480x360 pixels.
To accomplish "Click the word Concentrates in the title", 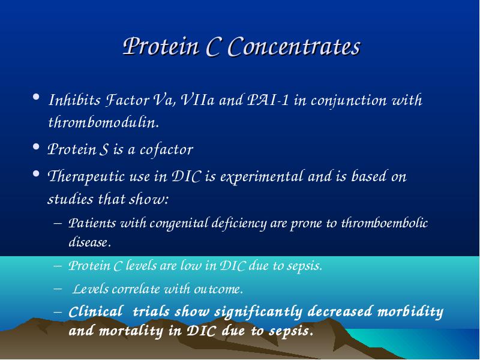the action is pos(295,47).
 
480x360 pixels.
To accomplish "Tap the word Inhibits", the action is pos(74,100).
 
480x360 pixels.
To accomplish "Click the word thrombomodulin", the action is pos(103,122).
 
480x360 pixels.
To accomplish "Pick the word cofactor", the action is pos(166,149).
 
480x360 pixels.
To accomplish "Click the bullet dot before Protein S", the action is pos(36,146).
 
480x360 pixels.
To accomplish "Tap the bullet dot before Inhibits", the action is pos(36,97).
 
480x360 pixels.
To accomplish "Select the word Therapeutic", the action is pos(86,177).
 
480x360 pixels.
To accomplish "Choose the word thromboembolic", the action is pos(385,223).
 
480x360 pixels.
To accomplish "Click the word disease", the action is pos(89,242).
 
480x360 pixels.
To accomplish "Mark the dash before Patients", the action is pos(58,223).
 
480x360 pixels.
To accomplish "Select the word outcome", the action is pos(218,289).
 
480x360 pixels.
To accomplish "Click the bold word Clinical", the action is pos(96,312).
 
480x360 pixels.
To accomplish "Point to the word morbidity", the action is pos(410,312).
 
